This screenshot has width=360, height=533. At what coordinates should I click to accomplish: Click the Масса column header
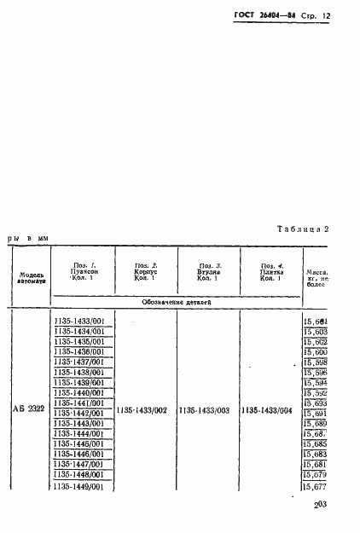pos(316,275)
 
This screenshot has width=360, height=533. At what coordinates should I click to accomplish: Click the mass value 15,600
pos(316,352)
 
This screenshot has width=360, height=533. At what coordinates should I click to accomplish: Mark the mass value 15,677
pos(316,487)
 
